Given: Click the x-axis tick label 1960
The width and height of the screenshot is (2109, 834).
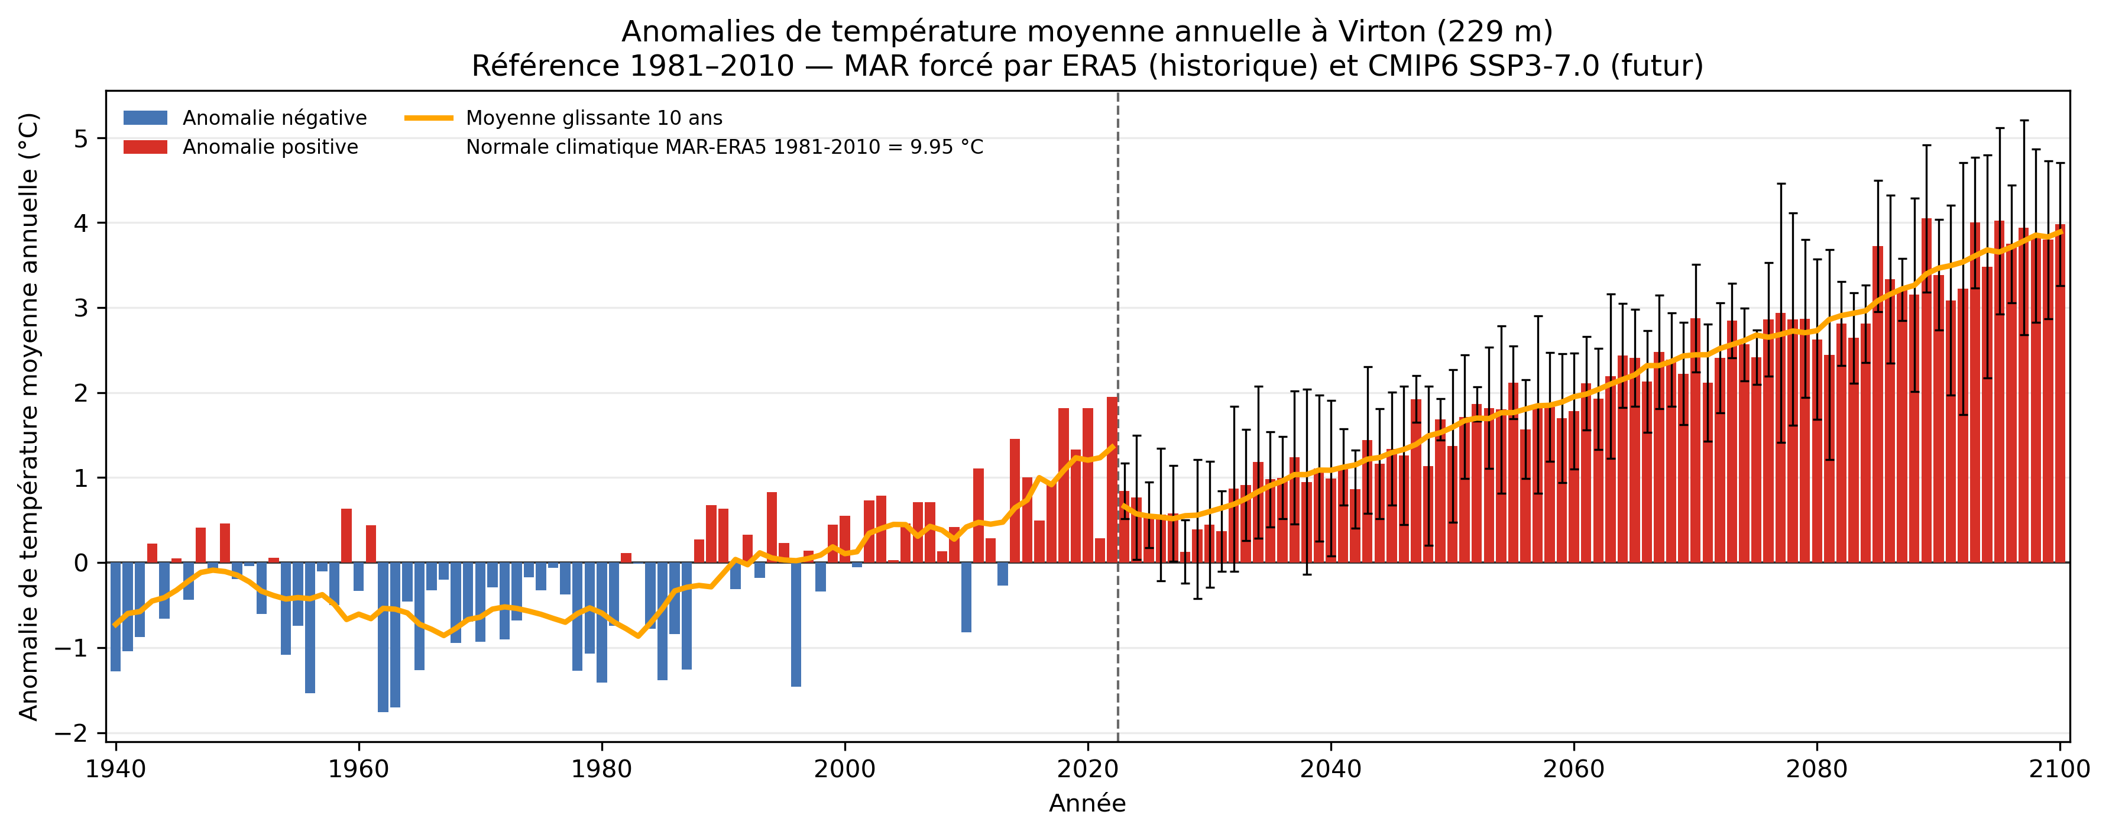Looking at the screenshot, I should pyautogui.click(x=359, y=770).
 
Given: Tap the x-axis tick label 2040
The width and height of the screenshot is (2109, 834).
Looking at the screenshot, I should pyautogui.click(x=1330, y=770).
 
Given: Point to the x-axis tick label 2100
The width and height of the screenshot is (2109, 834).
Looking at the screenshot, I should pyautogui.click(x=2060, y=770).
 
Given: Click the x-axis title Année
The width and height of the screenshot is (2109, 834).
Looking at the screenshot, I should pyautogui.click(x=1087, y=804).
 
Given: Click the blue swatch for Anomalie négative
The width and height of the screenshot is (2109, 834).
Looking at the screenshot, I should pyautogui.click(x=145, y=118).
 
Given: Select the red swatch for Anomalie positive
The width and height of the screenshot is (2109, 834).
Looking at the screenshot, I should pyautogui.click(x=145, y=147).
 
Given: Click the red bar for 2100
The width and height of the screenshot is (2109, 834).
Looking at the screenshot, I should pyautogui.click(x=2060, y=393).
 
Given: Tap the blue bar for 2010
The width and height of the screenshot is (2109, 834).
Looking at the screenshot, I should pyautogui.click(x=966, y=597).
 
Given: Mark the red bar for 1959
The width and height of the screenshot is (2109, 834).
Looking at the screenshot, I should pyautogui.click(x=346, y=536).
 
